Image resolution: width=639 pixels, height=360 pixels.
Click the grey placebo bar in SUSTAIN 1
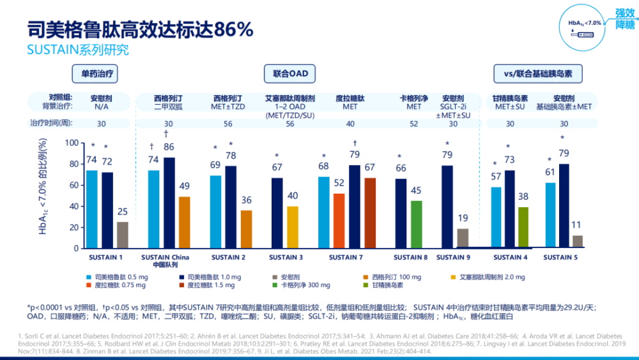pyautogui.click(x=123, y=235)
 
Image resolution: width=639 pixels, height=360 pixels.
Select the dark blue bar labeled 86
pyautogui.click(x=169, y=203)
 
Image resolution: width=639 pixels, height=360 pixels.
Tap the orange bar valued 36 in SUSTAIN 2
pyautogui.click(x=246, y=229)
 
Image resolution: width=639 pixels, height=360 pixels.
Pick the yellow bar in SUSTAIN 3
pyautogui.click(x=292, y=227)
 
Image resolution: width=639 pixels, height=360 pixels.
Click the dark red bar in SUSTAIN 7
pyautogui.click(x=371, y=213)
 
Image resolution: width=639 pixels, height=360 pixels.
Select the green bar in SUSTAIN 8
pyautogui.click(x=417, y=224)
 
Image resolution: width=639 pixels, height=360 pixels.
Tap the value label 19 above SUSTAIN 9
pyautogui.click(x=463, y=217)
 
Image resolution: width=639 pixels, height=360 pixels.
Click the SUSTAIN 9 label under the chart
pyautogui.click(x=454, y=257)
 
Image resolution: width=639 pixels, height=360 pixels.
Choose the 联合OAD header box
pyautogui.click(x=290, y=74)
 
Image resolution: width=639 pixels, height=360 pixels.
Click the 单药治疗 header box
pyautogui.click(x=97, y=74)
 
